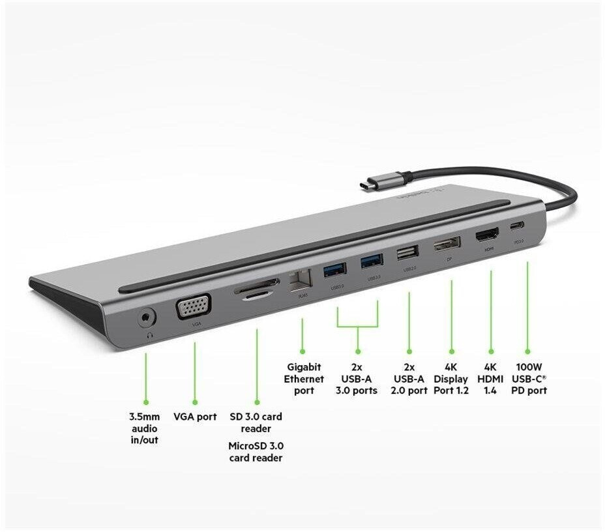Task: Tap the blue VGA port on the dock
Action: (193, 306)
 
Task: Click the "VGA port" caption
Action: (195, 416)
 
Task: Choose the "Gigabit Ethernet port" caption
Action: (304, 379)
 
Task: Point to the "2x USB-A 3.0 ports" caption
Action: (357, 379)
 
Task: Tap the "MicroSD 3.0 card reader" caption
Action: (256, 452)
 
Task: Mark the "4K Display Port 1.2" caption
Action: (451, 379)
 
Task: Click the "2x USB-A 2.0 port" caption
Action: (409, 379)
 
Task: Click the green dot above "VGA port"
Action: (194, 403)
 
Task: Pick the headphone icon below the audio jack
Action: (150, 336)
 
